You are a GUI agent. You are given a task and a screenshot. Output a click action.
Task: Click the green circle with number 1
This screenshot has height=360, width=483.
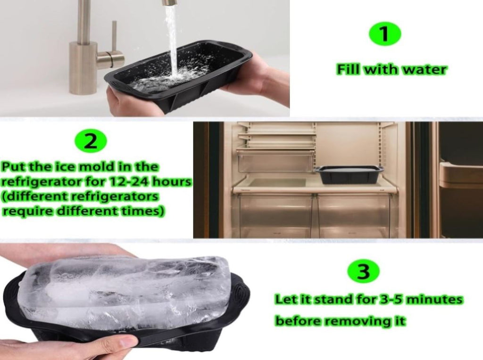385,33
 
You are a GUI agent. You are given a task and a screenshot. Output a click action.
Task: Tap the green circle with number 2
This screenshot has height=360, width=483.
91,141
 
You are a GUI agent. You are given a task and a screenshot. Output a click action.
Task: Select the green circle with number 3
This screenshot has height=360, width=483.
364,271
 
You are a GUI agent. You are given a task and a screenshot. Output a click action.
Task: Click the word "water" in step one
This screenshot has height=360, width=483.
425,70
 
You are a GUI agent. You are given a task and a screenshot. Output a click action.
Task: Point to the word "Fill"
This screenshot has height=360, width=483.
349,70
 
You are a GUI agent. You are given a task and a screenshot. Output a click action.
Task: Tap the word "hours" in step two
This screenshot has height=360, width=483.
172,181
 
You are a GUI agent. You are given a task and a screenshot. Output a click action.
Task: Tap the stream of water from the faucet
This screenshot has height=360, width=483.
171,40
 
